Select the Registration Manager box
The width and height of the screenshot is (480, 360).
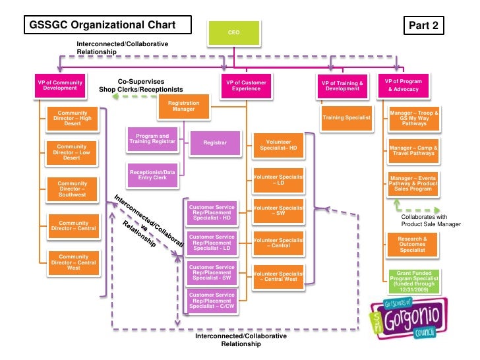[183, 107]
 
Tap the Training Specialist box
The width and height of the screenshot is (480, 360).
[346, 117]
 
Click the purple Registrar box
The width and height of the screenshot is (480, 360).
[215, 142]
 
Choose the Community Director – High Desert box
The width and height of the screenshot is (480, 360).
[72, 119]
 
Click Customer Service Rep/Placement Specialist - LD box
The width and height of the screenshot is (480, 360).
[212, 244]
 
